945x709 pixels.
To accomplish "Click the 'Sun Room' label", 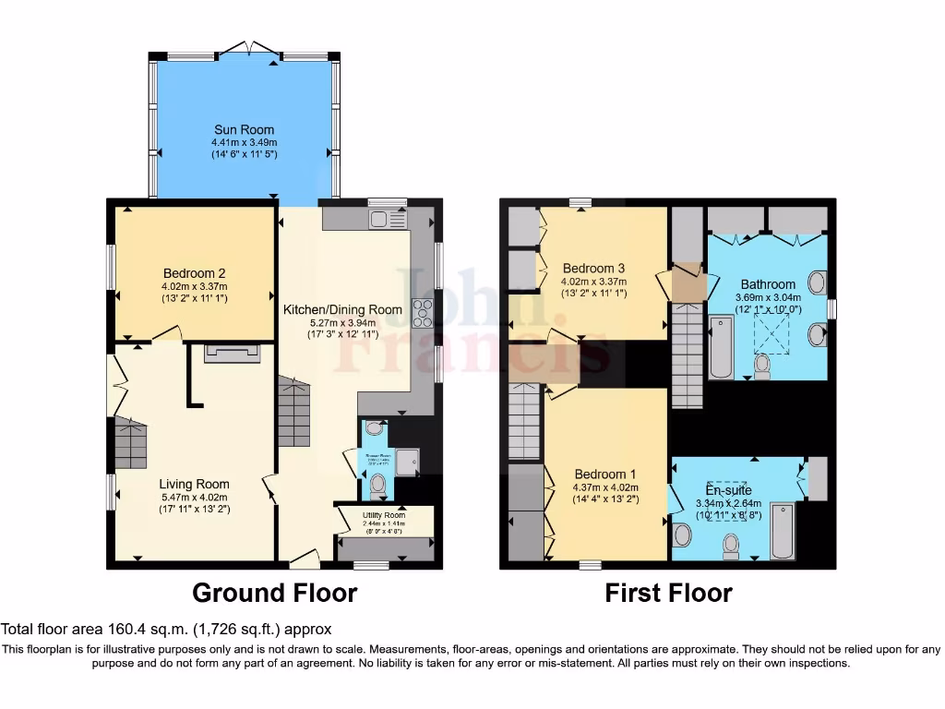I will pyautogui.click(x=244, y=129).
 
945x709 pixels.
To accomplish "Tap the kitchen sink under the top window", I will pyautogui.click(x=382, y=219).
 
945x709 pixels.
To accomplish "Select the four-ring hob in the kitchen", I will pyautogui.click(x=423, y=313).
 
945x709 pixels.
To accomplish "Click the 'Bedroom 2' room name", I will pyautogui.click(x=194, y=273).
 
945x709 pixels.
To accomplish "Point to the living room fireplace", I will pyautogui.click(x=225, y=351).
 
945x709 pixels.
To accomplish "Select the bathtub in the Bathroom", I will pyautogui.click(x=721, y=347).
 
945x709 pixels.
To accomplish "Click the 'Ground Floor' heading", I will pyautogui.click(x=274, y=592).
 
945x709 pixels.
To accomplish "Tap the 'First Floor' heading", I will pyautogui.click(x=668, y=593).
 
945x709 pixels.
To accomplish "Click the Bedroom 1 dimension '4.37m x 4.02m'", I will pyautogui.click(x=605, y=487).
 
